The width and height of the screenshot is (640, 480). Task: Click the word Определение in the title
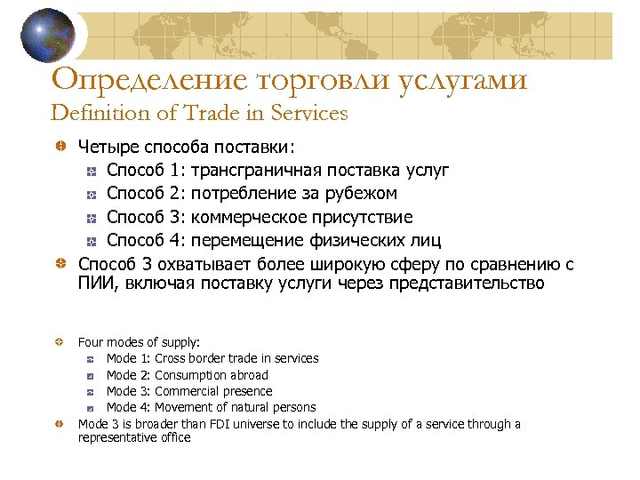[x=147, y=80]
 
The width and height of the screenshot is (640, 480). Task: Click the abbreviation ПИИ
[x=94, y=284]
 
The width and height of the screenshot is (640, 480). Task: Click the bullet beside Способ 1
[x=91, y=170]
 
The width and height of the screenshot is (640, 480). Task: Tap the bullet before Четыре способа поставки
[x=60, y=146]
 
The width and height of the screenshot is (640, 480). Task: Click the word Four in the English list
[x=90, y=341]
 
